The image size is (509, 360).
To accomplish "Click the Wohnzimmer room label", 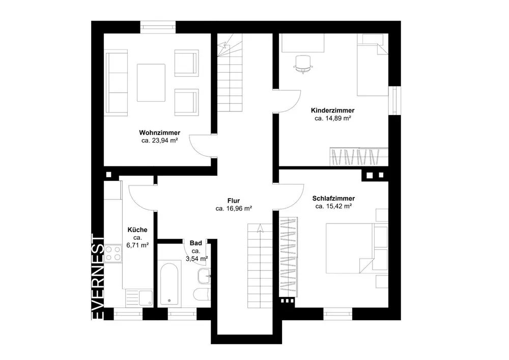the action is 160,133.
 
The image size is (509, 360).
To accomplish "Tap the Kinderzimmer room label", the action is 333,110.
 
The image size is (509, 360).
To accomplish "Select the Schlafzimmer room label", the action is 333,199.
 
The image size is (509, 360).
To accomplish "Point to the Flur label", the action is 234,201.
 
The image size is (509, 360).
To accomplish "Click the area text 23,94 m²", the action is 165,141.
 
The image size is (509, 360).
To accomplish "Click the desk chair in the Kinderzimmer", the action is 303,64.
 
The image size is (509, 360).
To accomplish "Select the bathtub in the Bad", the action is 169,284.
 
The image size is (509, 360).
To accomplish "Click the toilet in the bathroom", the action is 202,294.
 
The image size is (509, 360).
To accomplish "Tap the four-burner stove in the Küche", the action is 113,254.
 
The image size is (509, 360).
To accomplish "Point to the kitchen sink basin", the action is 146,298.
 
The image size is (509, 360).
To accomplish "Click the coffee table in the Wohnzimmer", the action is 151,83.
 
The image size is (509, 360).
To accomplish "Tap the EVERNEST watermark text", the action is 98,277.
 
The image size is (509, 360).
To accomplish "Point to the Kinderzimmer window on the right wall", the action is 395,100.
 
